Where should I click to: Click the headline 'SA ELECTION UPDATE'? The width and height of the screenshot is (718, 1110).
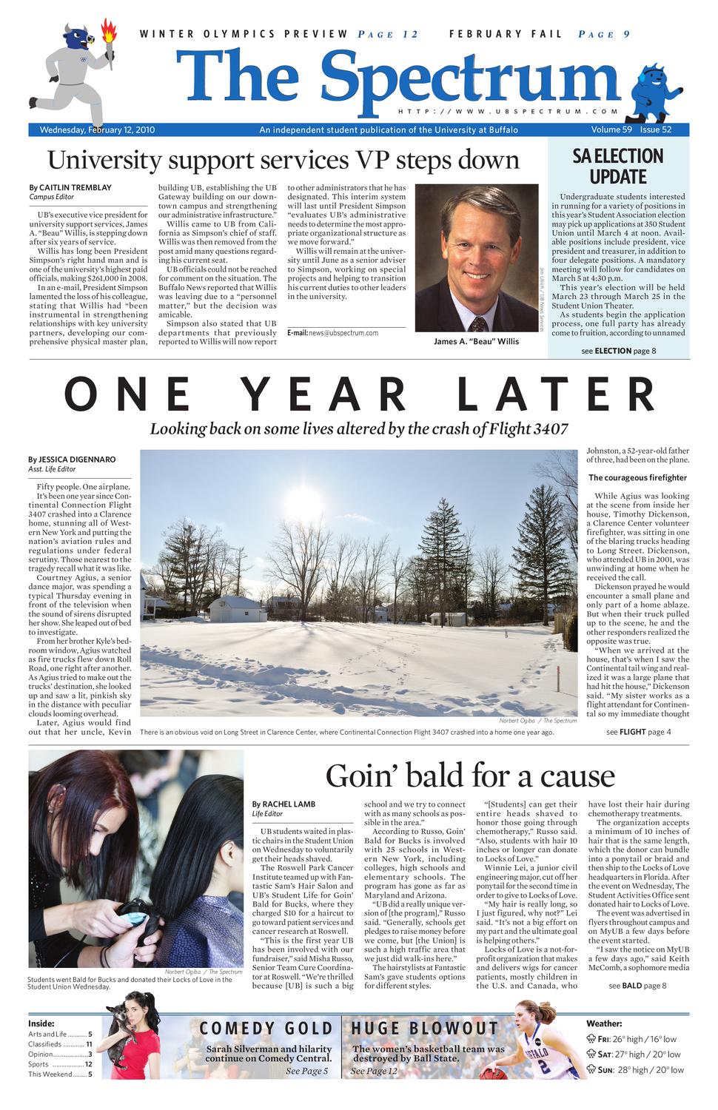[x=618, y=166]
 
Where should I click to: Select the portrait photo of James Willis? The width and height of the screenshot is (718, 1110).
[x=477, y=258]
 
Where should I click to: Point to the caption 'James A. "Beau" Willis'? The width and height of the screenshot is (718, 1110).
[x=476, y=341]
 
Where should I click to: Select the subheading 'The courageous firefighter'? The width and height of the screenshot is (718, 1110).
[x=637, y=477]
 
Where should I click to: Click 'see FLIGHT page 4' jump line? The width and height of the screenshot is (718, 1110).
[x=638, y=732]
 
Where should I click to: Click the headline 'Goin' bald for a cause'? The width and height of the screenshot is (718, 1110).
[x=470, y=776]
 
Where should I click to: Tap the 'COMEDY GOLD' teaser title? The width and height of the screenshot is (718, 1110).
[x=266, y=1028]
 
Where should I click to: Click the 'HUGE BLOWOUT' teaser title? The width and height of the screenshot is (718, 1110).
[x=425, y=1028]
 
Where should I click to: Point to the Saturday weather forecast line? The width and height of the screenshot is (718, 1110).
[x=638, y=1054]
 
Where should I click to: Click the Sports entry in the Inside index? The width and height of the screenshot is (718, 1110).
[x=59, y=1064]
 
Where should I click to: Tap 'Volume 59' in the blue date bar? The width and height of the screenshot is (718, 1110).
[x=611, y=130]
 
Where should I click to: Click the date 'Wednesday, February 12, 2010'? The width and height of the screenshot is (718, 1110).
[x=97, y=130]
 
